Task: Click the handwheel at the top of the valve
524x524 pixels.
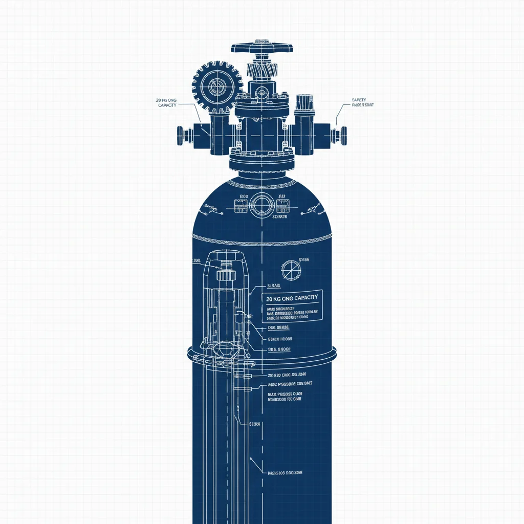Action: click(262, 48)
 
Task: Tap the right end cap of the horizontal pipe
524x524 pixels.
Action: click(342, 135)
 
